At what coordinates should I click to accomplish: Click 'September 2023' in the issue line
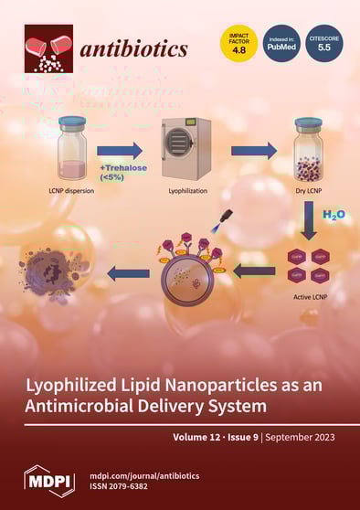300,437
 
